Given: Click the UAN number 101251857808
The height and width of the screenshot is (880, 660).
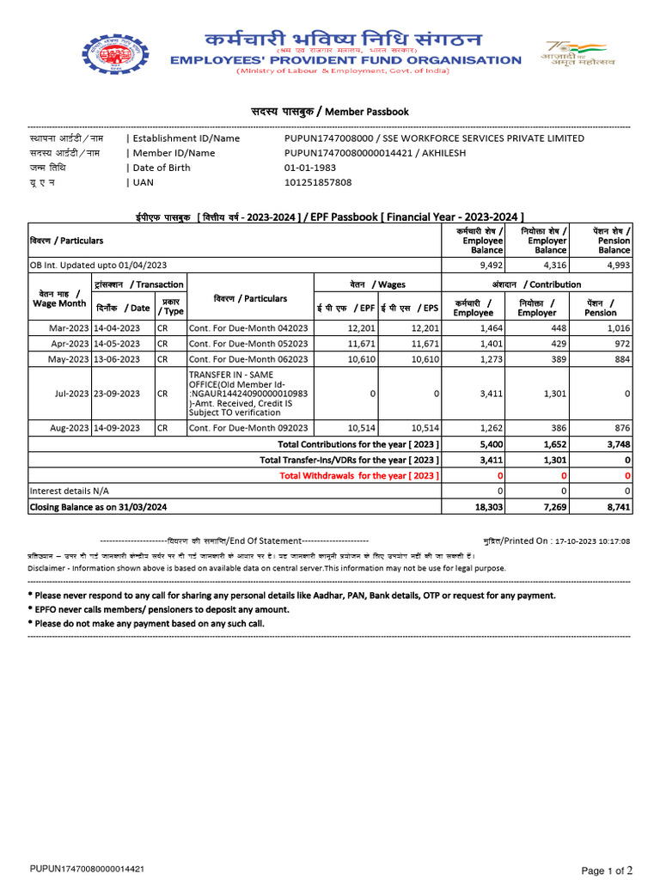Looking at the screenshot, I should pos(318,182).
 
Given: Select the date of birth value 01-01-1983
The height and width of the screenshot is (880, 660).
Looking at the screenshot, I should pos(307,168).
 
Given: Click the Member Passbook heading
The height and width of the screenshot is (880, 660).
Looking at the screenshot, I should pos(329,112).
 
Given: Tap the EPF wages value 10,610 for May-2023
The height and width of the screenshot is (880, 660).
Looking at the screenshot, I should pos(360,359).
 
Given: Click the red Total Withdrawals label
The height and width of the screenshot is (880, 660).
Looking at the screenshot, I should pos(360,475).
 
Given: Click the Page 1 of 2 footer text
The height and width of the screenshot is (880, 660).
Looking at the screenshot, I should pos(607,871).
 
